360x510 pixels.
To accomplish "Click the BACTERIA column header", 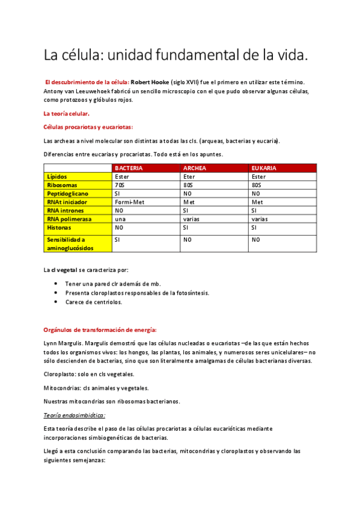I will click(129, 168).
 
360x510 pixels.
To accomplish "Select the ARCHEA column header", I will click(196, 168).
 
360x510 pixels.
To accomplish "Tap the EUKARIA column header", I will click(264, 168).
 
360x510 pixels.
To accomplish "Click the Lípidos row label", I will click(58, 177).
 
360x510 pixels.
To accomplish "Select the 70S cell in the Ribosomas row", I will click(121, 185).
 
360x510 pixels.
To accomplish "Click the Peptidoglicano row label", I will click(68, 194).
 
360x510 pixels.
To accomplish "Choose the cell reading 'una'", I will click(120, 220).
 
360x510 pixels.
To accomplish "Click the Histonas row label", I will click(59, 228).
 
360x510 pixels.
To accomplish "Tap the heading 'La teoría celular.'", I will click(66, 113).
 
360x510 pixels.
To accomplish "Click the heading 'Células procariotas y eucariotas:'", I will click(88, 127).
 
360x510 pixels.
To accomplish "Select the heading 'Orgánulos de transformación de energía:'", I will click(100, 330).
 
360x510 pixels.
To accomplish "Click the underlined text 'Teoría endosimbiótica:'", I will click(75, 415).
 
